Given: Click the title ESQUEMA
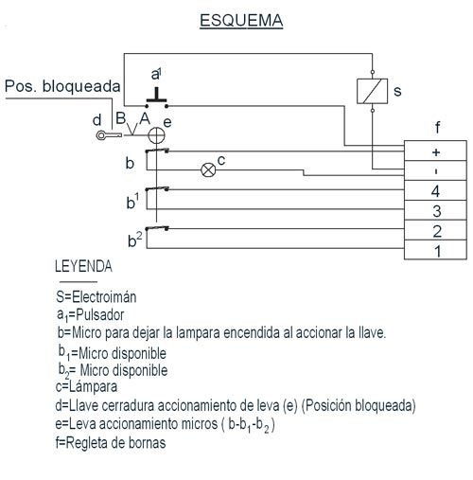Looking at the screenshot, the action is pyautogui.click(x=241, y=21).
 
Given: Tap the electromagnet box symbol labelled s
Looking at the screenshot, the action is pyautogui.click(x=372, y=91).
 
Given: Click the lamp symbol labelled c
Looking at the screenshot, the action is pyautogui.click(x=208, y=170).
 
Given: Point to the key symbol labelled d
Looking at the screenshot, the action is pyautogui.click(x=109, y=135).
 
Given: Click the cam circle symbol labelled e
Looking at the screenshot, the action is pyautogui.click(x=156, y=135).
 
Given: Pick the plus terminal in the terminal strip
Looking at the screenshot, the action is pyautogui.click(x=435, y=151).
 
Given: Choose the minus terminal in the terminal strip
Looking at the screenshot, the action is pyautogui.click(x=435, y=170).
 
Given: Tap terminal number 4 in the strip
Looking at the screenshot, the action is pyautogui.click(x=435, y=190).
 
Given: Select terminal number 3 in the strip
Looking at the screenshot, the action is pyautogui.click(x=435, y=210).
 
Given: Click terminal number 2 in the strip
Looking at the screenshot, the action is pyautogui.click(x=435, y=230).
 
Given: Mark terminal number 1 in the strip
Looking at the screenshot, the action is pyautogui.click(x=435, y=250).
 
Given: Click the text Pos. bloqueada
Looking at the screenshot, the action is pyautogui.click(x=62, y=86).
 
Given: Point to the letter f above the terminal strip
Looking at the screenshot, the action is pyautogui.click(x=437, y=127).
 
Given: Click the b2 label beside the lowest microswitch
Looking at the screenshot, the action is pyautogui.click(x=134, y=240).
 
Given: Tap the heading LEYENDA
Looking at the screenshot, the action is pyautogui.click(x=83, y=266).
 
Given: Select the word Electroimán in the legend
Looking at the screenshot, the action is pyautogui.click(x=104, y=297).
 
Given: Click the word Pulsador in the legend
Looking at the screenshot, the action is pyautogui.click(x=100, y=314).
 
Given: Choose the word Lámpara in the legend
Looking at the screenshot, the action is pyautogui.click(x=93, y=387).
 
